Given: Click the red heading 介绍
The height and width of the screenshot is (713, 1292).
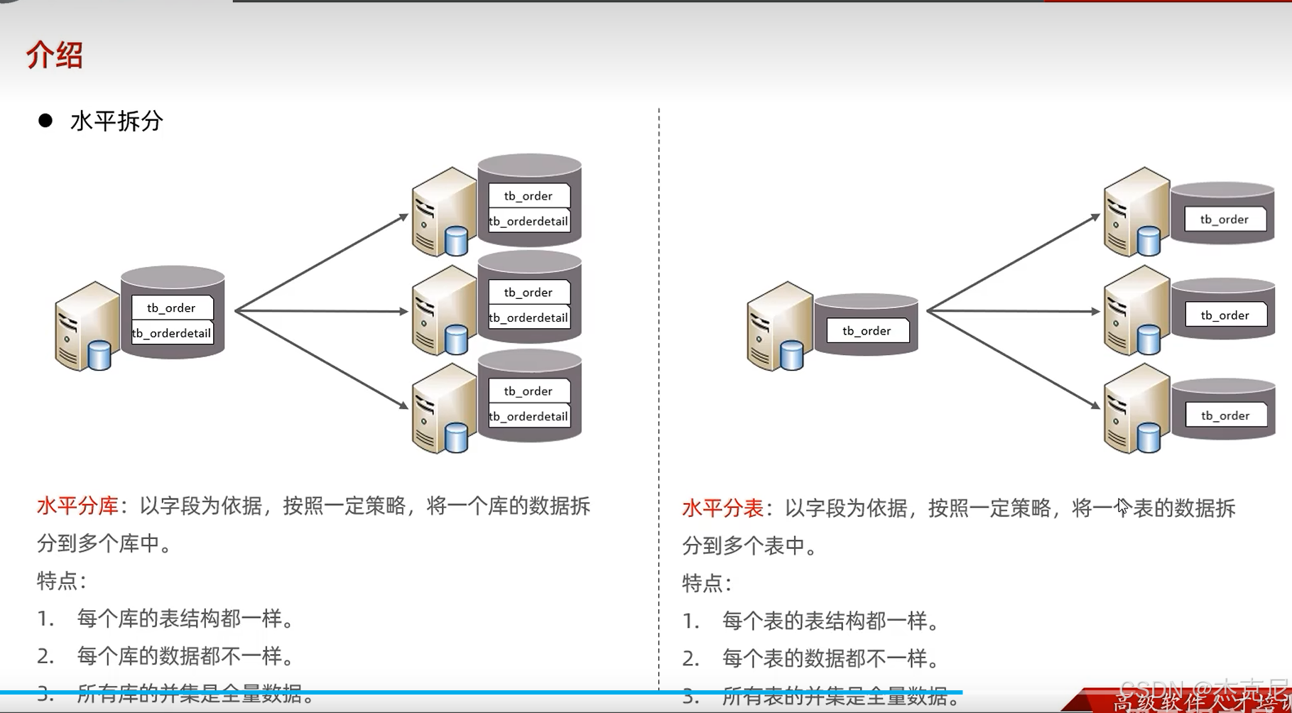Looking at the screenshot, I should pos(55,55).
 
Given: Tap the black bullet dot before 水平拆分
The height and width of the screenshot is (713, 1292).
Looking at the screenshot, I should pos(45,121).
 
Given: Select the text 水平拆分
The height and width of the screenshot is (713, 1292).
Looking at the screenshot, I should pos(116,121).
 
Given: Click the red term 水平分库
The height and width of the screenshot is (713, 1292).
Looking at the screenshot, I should pos(77,506).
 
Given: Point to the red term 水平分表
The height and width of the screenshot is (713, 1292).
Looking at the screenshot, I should pos(722,508).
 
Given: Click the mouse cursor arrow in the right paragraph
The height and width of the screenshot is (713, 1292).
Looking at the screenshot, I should pos(1122,506).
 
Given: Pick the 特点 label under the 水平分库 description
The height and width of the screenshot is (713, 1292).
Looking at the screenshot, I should pos(60,581).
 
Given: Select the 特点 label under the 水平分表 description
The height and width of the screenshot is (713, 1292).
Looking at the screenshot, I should pos(705,583).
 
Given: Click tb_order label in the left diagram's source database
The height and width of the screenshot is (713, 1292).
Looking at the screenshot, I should pos(171,307).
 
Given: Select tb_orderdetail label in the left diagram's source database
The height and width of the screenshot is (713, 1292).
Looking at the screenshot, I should pos(171,333).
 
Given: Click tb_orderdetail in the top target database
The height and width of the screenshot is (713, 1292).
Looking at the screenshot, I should pos(528,222).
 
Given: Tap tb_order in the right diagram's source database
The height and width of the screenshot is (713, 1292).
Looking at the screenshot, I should pos(867,331).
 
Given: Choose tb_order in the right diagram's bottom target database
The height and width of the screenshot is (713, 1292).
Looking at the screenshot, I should pos(1225,415).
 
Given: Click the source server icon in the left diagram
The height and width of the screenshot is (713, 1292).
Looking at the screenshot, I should pos(85,327).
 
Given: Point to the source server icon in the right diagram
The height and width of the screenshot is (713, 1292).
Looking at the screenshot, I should pos(778,327).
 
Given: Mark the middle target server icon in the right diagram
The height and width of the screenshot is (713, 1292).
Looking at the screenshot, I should pos(1135,310).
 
